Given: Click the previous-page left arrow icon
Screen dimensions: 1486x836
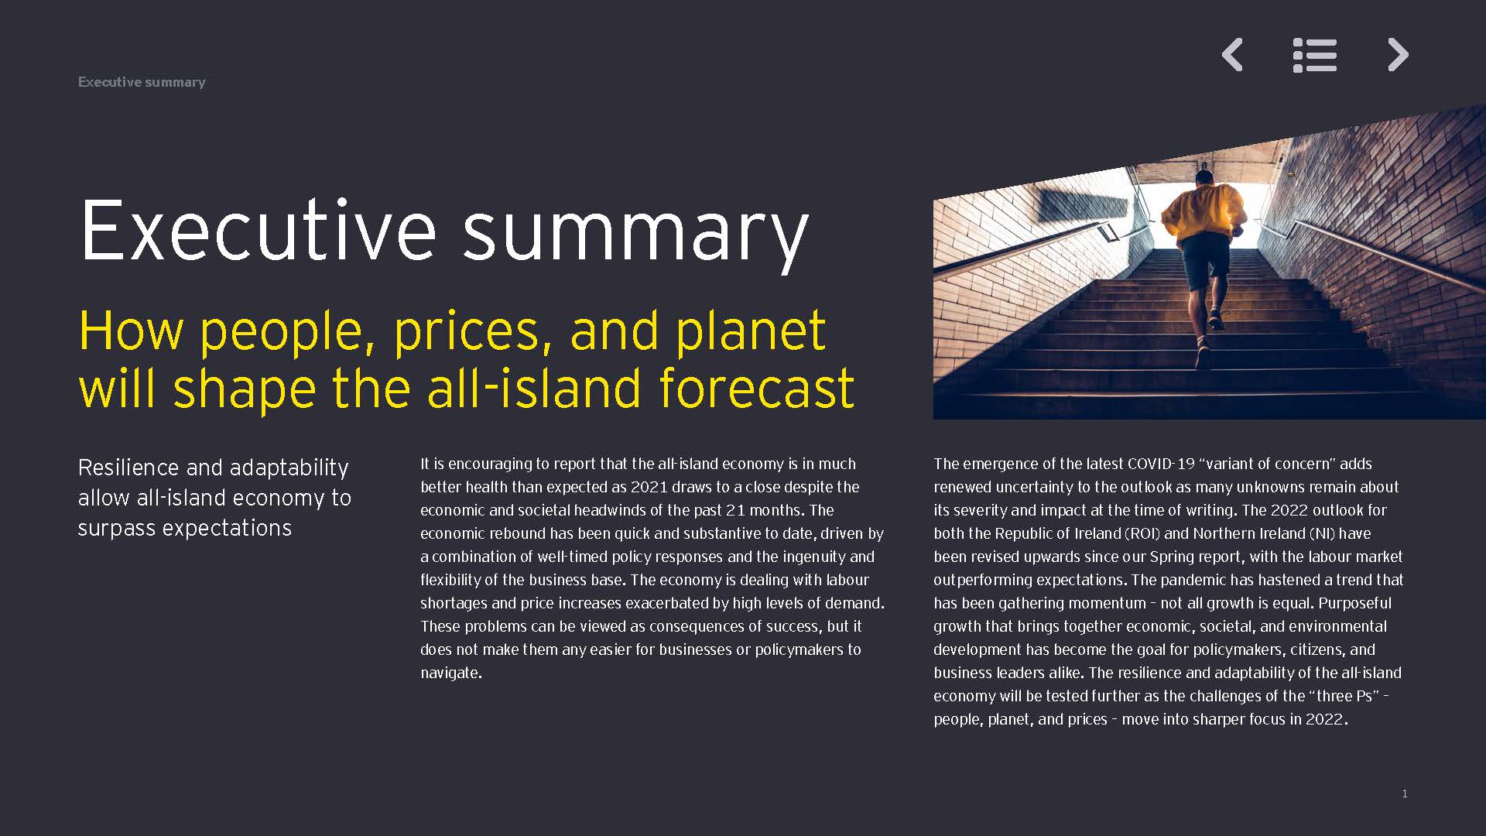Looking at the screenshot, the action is [x=1232, y=55].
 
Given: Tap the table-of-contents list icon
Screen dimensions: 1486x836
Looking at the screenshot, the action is [x=1315, y=55].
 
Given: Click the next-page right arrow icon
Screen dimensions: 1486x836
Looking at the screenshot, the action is [x=1398, y=55].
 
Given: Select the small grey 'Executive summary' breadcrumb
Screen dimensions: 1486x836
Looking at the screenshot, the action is [x=142, y=82].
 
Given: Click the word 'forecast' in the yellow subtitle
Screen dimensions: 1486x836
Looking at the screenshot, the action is [x=757, y=388].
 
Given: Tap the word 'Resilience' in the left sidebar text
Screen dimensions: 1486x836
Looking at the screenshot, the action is [x=129, y=468].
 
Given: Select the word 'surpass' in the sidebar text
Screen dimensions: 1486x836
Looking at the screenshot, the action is [x=115, y=529].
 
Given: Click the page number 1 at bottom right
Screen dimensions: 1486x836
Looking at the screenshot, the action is [x=1405, y=793].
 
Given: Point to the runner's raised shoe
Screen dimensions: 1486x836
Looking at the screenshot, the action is [x=1216, y=318].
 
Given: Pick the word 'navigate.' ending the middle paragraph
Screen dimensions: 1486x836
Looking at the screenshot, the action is [x=451, y=673].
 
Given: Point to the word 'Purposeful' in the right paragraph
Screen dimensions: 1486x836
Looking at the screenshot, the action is [x=1354, y=603].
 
